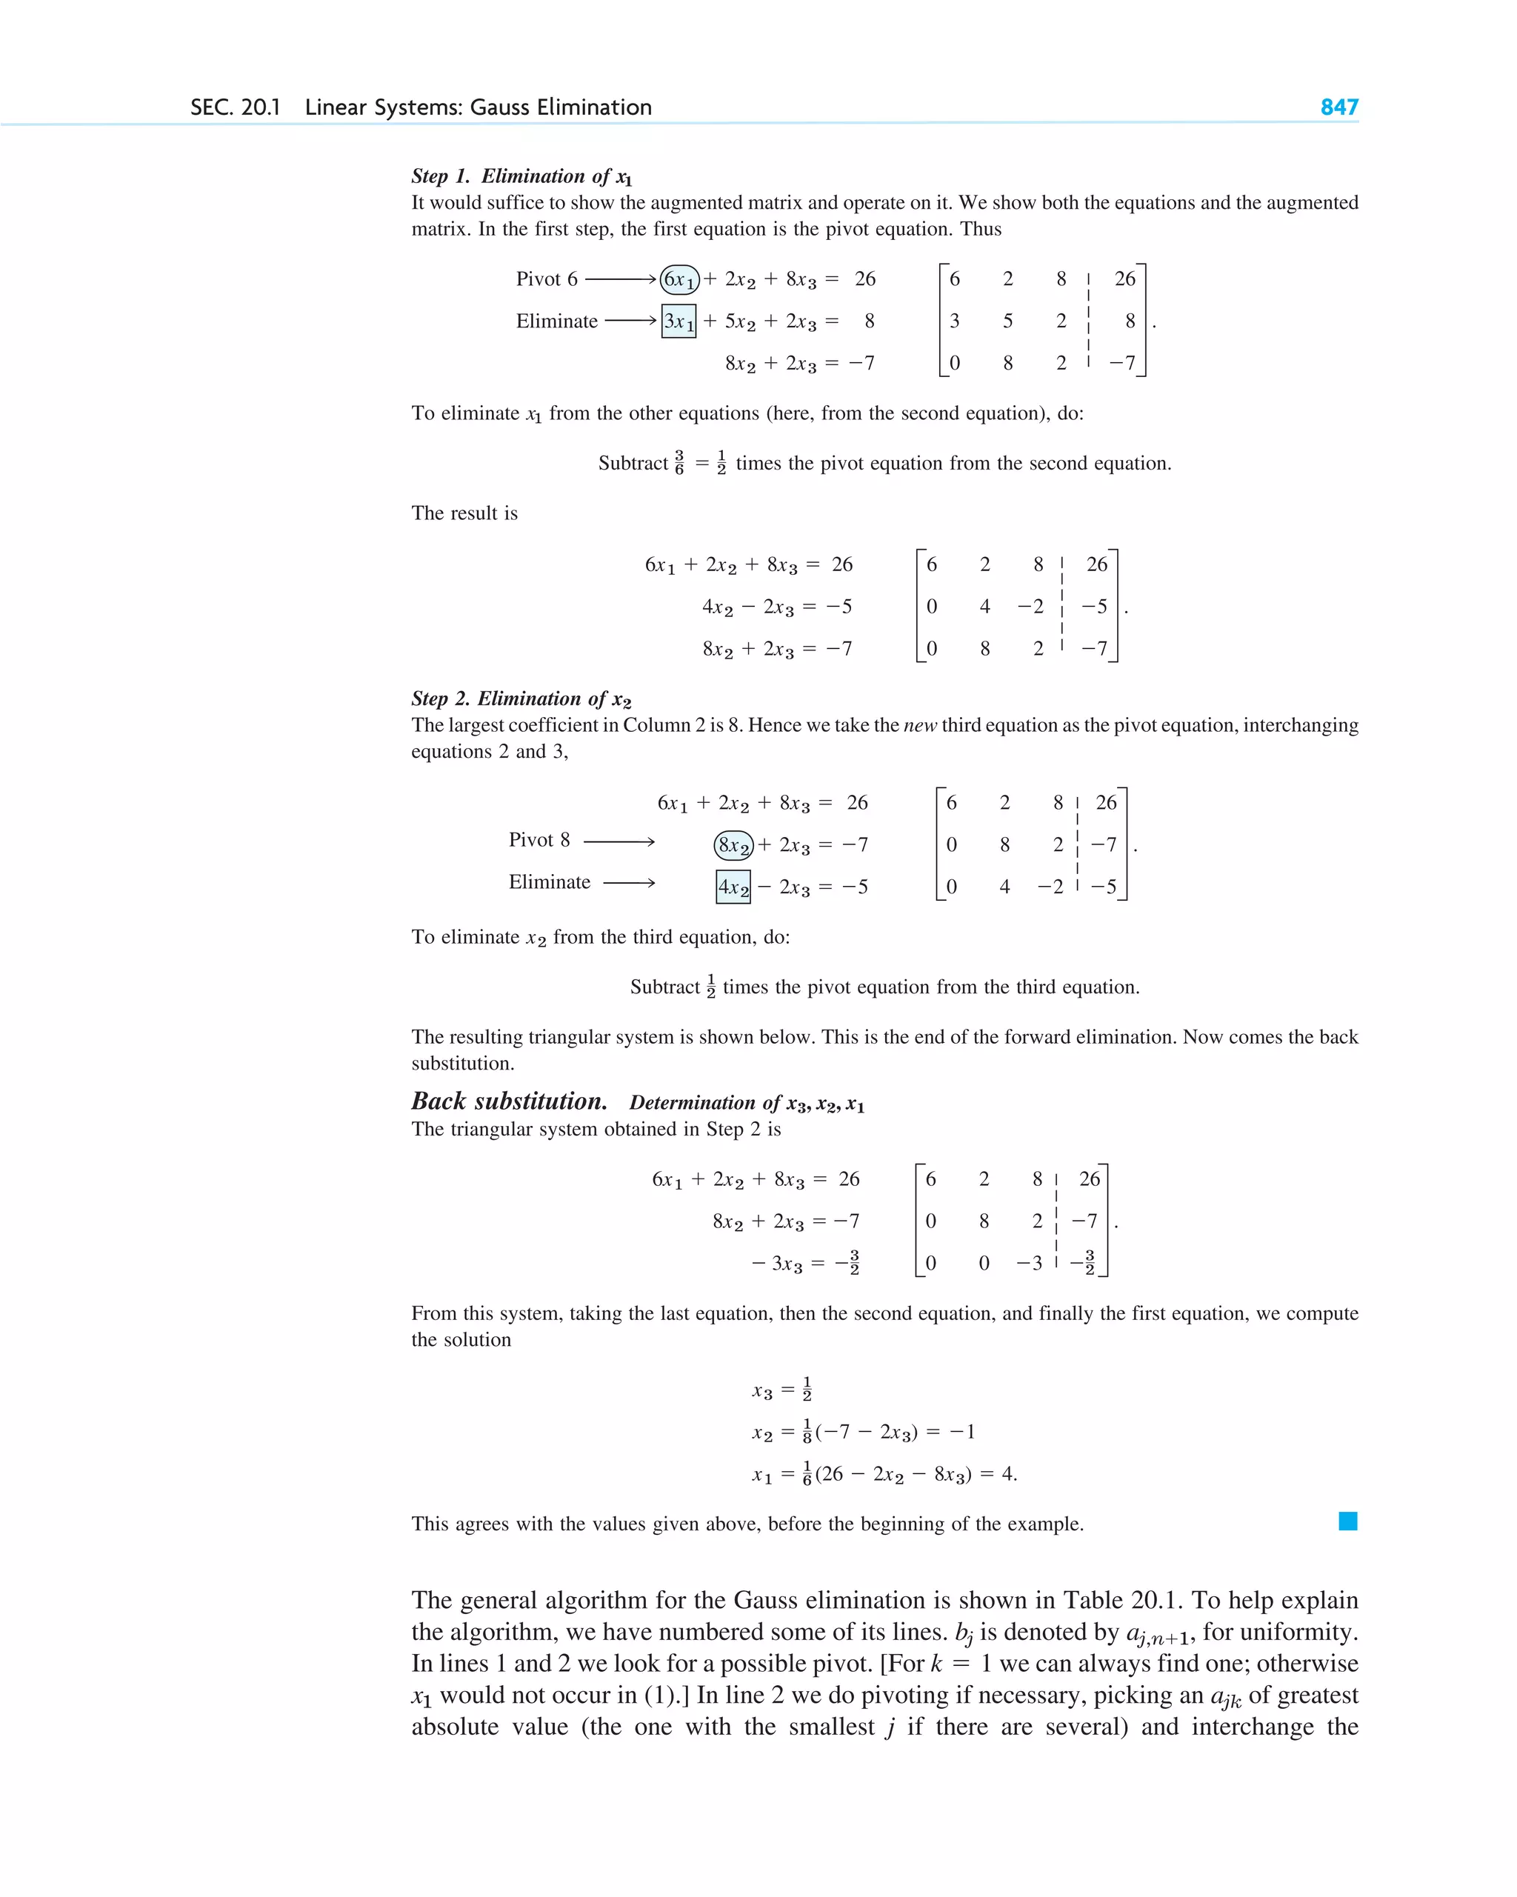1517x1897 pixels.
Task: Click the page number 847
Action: point(1338,107)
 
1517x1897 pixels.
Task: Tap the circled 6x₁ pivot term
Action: point(679,280)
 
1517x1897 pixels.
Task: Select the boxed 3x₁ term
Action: point(679,321)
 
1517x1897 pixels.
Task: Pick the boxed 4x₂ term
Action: point(733,887)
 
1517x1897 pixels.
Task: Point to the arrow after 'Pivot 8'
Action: point(619,842)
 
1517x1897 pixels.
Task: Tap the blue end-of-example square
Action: point(1347,1521)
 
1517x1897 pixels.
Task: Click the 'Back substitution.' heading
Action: point(509,1101)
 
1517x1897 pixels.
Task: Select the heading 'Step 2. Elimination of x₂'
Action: point(521,699)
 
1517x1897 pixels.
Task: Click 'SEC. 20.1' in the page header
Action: point(235,107)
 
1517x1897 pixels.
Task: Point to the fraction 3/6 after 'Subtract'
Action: point(679,463)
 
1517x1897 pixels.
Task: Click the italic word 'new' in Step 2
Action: point(919,726)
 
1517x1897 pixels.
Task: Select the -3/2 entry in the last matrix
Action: point(1083,1263)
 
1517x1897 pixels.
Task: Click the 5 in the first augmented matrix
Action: point(1007,321)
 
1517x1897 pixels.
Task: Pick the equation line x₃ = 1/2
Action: point(781,1390)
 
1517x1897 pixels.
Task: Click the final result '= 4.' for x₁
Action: point(1001,1474)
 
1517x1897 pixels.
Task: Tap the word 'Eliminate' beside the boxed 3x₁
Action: point(556,321)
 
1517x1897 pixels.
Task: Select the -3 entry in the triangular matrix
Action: point(1030,1264)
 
